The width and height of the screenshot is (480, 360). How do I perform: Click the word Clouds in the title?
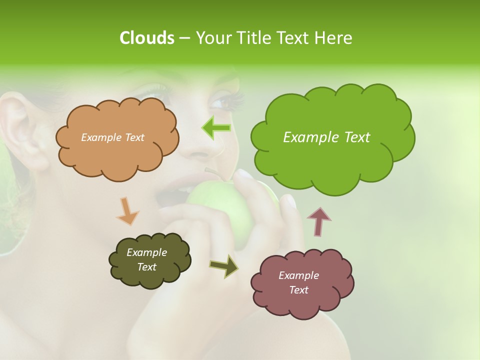146,38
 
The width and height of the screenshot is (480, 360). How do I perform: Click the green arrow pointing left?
216,128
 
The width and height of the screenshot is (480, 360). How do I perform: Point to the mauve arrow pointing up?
318,221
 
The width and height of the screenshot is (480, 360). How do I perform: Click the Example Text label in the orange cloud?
113,137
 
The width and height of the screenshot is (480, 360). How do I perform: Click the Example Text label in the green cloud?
326,137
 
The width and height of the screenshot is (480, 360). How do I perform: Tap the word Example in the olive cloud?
146,252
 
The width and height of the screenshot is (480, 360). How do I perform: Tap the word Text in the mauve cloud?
298,290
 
